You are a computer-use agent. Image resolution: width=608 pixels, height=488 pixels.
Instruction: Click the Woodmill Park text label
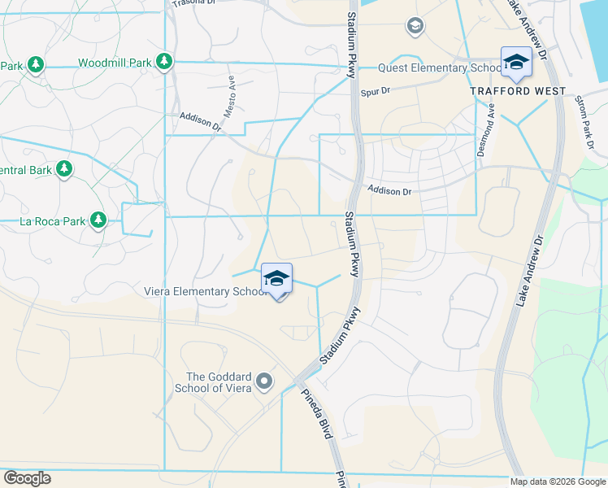[x=115, y=63]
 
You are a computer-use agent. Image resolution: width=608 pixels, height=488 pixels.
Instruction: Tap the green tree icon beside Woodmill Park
[x=164, y=62]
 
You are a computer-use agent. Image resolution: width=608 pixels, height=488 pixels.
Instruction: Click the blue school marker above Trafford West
[x=516, y=62]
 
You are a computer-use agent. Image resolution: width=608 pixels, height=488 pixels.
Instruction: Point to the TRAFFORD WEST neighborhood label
[x=518, y=91]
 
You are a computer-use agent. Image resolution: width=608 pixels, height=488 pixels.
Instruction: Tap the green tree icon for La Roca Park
[x=98, y=220]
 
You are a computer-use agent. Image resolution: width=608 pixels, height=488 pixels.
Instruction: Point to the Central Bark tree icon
[x=64, y=169]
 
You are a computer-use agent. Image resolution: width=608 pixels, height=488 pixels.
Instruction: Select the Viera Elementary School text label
[x=205, y=291]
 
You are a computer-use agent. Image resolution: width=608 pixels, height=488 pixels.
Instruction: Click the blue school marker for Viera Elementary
[x=276, y=279]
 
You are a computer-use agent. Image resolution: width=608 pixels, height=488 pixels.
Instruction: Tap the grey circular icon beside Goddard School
[x=264, y=381]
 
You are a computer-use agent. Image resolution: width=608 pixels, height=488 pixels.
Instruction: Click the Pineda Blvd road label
[x=318, y=417]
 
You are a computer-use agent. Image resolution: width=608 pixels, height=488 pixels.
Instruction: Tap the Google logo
[x=27, y=478]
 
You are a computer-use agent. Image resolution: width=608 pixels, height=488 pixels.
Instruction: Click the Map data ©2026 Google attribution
[x=558, y=481]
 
